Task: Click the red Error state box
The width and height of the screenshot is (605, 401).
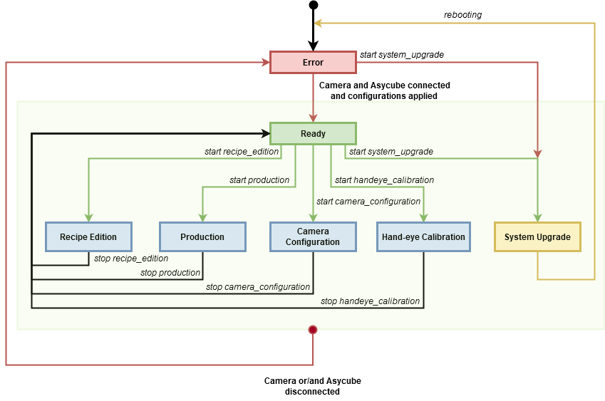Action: [313, 62]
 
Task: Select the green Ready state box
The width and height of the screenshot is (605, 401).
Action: [313, 133]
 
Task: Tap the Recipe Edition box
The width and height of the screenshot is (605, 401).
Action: [89, 236]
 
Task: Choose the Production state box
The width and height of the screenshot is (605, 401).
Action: [202, 236]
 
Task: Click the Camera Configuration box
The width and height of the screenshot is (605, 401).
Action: [313, 236]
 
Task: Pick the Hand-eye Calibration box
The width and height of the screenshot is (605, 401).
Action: [424, 236]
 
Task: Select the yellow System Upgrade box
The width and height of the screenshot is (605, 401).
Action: [537, 236]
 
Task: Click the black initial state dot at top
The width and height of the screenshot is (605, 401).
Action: [314, 5]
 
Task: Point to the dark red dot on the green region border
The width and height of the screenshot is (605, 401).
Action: [313, 330]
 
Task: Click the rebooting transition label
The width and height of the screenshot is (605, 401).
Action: [462, 15]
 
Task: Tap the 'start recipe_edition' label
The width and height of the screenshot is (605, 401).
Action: [242, 152]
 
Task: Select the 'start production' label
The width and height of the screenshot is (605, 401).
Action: [259, 180]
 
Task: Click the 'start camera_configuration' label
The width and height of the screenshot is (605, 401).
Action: [368, 202]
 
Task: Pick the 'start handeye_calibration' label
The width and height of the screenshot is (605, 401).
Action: [384, 180]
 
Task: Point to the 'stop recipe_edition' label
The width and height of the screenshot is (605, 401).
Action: [131, 259]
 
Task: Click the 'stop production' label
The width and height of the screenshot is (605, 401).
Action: [170, 273]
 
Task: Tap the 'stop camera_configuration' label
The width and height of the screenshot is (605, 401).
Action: [258, 287]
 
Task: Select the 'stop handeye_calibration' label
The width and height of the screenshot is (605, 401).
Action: [370, 301]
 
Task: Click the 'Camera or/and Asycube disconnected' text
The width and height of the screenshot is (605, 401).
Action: [313, 386]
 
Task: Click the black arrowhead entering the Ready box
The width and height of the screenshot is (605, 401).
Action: [266, 133]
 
